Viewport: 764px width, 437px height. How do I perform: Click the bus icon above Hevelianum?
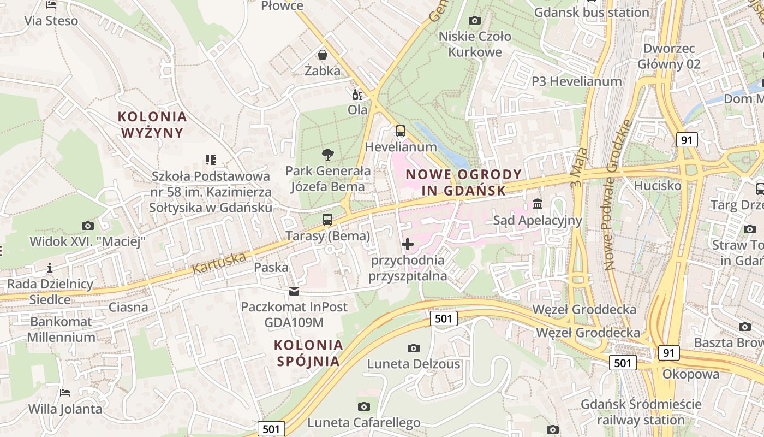coord(400,131)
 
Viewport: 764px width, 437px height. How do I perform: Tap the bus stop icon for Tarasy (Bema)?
coord(327,220)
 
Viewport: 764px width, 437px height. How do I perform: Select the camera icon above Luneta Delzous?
coord(414,348)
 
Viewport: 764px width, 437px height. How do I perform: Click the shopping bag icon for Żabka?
coord(323,55)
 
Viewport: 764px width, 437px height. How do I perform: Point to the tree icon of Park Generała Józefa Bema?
coord(327,155)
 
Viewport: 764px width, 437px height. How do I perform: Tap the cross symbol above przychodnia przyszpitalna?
coord(408,244)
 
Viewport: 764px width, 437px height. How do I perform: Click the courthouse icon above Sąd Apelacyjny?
coord(538,204)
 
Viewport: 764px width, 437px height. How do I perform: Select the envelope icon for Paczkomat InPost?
coord(294,291)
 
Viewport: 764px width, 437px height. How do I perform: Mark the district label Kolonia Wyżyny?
coord(152,125)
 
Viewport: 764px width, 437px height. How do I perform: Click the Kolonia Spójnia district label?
coord(308,353)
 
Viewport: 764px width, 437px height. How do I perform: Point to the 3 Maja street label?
coord(579,167)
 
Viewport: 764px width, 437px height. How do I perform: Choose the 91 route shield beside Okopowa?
coord(668,353)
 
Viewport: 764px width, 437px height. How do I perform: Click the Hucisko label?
coord(657,186)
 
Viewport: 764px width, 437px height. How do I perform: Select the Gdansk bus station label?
coord(592,12)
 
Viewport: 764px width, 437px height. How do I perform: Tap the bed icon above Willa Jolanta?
coord(65,393)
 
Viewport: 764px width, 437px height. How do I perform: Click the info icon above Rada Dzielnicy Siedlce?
coord(50,268)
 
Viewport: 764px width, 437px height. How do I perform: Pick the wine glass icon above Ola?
coord(357,95)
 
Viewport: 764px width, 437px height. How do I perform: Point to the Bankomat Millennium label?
coord(61,329)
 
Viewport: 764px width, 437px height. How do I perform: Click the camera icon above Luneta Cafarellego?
coord(364,406)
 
